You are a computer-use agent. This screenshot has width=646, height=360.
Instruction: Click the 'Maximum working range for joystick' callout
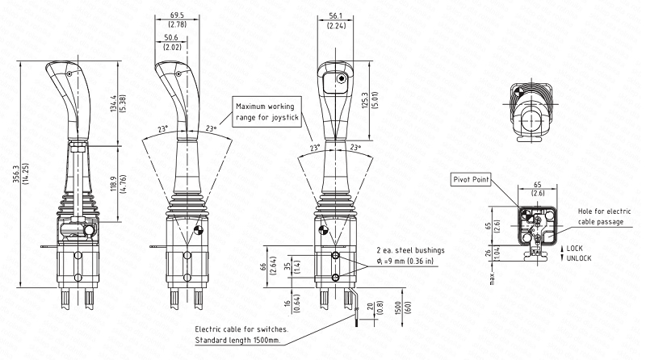pos(267,112)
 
